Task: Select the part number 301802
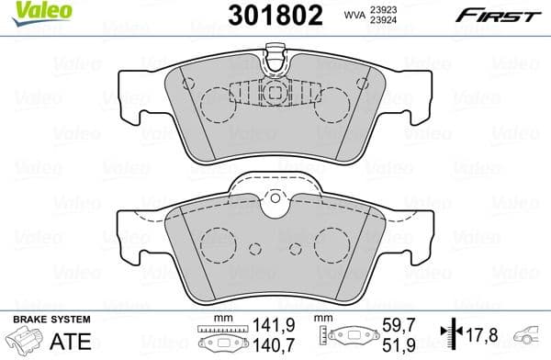coord(275,16)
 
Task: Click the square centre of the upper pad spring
coord(275,95)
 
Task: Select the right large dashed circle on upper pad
coord(332,105)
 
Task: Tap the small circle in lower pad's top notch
coord(275,198)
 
